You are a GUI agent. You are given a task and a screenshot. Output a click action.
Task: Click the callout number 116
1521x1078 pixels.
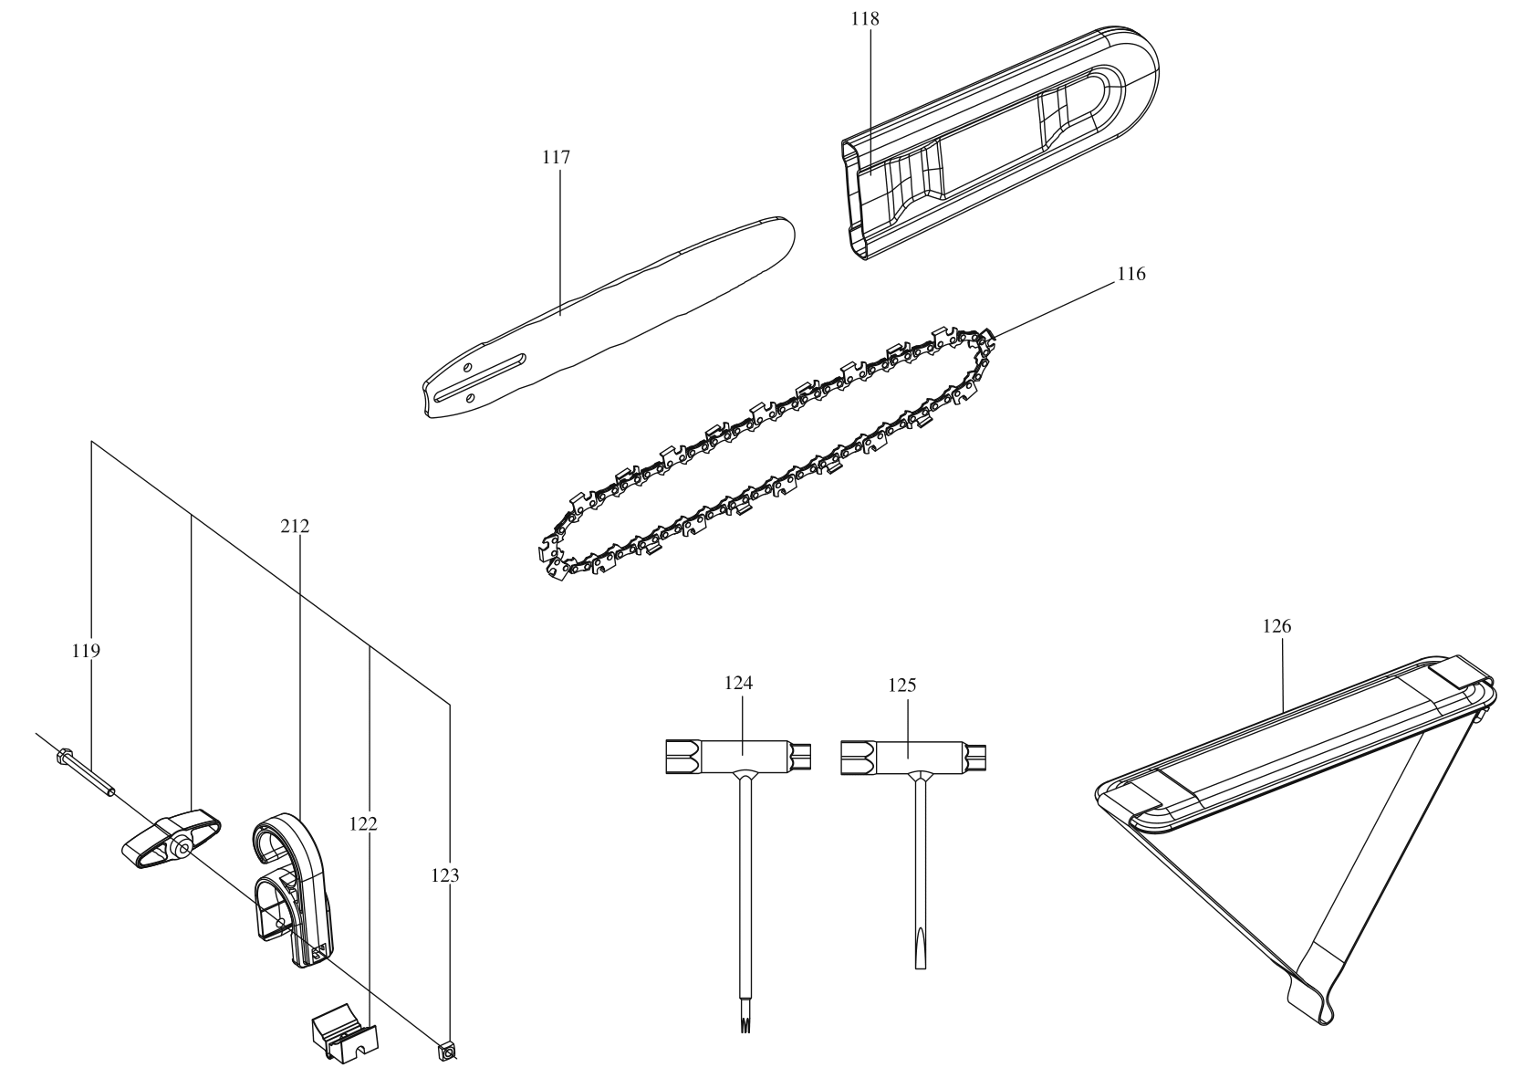(x=1130, y=274)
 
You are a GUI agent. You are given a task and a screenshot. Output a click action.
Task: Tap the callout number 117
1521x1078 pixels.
(x=556, y=158)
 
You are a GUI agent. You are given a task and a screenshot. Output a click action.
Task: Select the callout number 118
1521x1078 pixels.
(x=868, y=18)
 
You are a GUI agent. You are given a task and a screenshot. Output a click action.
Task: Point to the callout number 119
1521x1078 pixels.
(x=87, y=651)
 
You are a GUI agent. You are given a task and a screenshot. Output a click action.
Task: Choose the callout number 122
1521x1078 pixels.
(x=363, y=824)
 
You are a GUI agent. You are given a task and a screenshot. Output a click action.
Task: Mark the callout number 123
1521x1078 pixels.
(x=445, y=876)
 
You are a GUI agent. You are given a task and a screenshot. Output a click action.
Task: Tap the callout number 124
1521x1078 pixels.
(x=739, y=683)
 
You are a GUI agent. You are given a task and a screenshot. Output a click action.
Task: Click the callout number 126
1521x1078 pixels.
(x=1276, y=627)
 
